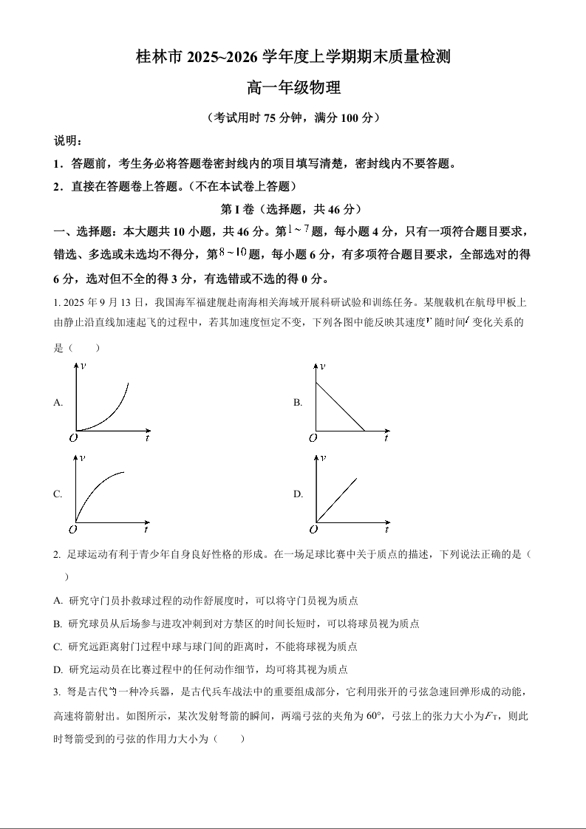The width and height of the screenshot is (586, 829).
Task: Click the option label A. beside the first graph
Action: (x=58, y=403)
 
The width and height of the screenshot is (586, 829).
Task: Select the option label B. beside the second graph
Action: (x=298, y=403)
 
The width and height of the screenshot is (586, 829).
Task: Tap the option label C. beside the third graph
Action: (x=58, y=494)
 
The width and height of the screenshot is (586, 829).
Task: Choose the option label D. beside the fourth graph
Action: (x=299, y=494)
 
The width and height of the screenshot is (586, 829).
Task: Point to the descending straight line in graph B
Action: (x=340, y=406)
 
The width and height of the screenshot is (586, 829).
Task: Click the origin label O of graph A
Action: (x=73, y=437)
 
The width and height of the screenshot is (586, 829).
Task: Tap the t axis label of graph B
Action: (x=386, y=438)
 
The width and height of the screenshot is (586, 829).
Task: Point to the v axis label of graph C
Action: (x=82, y=459)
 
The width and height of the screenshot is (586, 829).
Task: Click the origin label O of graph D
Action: (x=313, y=530)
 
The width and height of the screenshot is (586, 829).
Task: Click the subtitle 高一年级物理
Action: (x=293, y=88)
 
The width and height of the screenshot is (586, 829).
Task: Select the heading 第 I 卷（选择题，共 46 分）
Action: (x=293, y=209)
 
